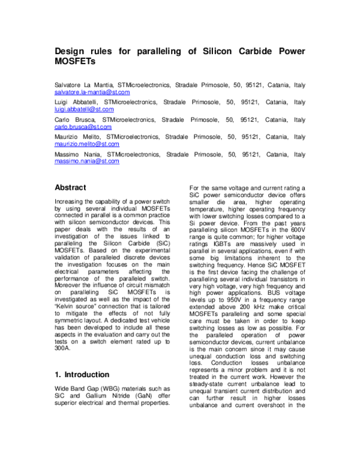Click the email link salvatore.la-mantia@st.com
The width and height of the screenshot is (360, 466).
tap(92, 93)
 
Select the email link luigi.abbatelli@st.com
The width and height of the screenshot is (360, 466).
tap(84, 110)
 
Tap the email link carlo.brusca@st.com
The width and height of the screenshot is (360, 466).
tap(83, 128)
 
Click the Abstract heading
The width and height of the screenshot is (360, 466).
tap(70, 188)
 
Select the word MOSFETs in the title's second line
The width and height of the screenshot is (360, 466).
tap(75, 62)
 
